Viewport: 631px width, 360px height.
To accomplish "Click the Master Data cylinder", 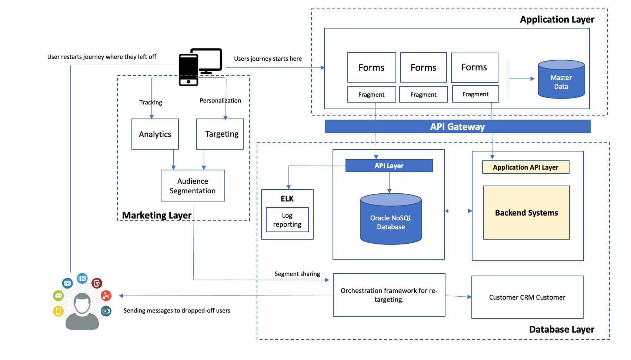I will coord(561,80).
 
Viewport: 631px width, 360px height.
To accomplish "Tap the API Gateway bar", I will coord(457,127).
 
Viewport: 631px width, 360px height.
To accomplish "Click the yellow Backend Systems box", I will coord(526,213).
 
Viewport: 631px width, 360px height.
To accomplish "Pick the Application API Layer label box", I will coord(525,167).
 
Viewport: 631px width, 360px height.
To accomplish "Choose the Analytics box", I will coord(155,134).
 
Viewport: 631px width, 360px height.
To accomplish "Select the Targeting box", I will coord(220,134).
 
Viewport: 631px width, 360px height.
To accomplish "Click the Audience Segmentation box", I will coord(193,186).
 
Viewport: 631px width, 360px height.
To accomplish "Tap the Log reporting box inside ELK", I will coord(287,220).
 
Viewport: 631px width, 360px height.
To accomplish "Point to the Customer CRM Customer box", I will coord(527,297).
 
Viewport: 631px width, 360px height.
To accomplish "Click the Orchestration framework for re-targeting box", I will coord(389,295).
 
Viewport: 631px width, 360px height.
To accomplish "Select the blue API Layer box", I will coord(389,166).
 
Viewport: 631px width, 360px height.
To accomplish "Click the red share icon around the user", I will coord(106,296).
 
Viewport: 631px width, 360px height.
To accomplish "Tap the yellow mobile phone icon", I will coord(58,311).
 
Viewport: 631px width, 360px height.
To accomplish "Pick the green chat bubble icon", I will coord(59,296).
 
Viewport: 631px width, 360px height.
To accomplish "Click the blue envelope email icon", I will coord(67,283).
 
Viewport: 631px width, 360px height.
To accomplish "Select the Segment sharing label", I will coord(297,274).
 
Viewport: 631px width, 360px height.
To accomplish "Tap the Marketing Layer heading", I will coord(157,215).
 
